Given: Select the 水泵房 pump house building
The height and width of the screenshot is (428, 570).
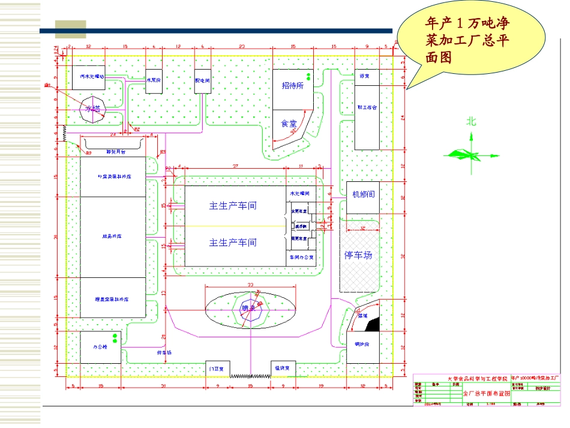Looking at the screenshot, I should pyautogui.click(x=154, y=79).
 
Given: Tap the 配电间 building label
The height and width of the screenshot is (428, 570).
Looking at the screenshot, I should pyautogui.click(x=202, y=79).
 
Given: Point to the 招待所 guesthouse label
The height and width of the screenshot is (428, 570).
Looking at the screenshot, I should pyautogui.click(x=293, y=85).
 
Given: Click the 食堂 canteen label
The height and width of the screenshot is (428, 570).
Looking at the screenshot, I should pyautogui.click(x=289, y=123).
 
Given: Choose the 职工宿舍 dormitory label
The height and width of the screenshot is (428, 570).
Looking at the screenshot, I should pyautogui.click(x=367, y=107).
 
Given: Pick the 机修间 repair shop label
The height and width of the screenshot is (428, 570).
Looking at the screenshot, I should pyautogui.click(x=363, y=194).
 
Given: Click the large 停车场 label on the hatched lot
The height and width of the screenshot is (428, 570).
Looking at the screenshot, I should pyautogui.click(x=358, y=255).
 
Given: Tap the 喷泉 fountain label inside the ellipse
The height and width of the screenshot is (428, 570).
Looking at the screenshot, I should pyautogui.click(x=248, y=308).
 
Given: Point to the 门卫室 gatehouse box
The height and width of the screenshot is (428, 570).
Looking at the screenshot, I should pyautogui.click(x=218, y=369).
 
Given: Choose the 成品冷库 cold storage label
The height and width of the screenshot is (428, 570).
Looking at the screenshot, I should pyautogui.click(x=112, y=237).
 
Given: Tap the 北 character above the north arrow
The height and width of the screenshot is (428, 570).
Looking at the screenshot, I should pyautogui.click(x=472, y=121).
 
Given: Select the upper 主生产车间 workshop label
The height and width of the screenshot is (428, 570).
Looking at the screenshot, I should pyautogui.click(x=233, y=205).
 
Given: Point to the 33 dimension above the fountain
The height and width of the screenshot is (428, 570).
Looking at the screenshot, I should pyautogui.click(x=250, y=284).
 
